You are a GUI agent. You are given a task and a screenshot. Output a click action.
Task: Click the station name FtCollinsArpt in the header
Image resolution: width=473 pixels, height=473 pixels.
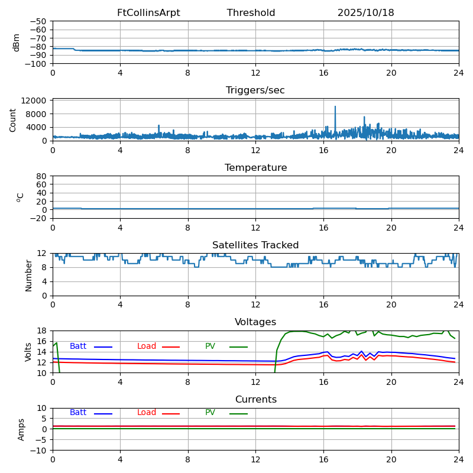148,13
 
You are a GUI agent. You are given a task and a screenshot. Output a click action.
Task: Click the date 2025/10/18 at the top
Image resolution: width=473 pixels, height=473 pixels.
365,13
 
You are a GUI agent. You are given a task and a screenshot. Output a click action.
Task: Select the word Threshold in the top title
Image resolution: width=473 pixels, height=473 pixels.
251,13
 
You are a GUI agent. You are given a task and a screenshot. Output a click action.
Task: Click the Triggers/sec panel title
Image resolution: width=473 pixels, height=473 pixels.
255,90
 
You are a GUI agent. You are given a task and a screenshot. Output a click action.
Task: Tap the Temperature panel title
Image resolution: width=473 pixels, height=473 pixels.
255,168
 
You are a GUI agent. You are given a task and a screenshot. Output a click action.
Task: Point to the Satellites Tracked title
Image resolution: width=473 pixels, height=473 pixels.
255,245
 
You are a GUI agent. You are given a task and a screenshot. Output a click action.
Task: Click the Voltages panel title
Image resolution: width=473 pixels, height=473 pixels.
255,322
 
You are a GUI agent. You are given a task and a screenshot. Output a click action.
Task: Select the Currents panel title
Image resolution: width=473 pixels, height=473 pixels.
255,400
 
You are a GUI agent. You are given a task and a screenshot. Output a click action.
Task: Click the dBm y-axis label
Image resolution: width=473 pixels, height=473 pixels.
17,42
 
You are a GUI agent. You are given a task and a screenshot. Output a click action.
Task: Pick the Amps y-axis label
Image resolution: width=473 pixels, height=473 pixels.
21,429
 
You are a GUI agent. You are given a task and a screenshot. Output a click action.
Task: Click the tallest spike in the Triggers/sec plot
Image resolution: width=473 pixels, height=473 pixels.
335,107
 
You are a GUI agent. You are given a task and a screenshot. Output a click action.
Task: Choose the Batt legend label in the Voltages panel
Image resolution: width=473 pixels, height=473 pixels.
78,346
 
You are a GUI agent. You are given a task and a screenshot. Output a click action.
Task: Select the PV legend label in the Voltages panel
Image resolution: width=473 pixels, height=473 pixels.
210,346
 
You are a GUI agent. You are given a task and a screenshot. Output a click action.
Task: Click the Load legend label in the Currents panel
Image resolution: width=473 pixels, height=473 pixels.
147,413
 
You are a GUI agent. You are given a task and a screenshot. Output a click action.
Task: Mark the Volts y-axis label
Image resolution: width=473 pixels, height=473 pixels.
29,352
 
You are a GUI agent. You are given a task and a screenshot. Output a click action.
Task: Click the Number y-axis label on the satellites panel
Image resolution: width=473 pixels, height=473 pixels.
29,275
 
